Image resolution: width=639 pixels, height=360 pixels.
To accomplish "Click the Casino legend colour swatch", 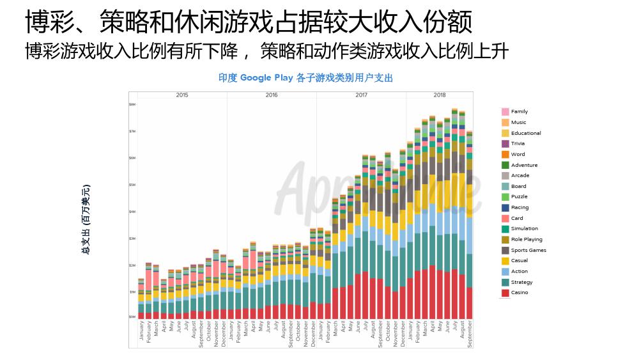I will pyautogui.click(x=505, y=293).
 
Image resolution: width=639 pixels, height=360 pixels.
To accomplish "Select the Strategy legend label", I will pyautogui.click(x=521, y=282).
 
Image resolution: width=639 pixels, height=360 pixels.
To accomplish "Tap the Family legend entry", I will pyautogui.click(x=519, y=111).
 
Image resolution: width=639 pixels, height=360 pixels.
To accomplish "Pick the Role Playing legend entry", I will pyautogui.click(x=527, y=239).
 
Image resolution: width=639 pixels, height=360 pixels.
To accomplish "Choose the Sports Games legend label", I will pyautogui.click(x=528, y=250).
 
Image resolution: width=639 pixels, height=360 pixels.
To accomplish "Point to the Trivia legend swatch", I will pyautogui.click(x=505, y=143).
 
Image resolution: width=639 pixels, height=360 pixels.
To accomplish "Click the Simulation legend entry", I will pyautogui.click(x=524, y=228).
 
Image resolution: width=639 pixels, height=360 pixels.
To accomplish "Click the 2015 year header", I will pyautogui.click(x=182, y=95).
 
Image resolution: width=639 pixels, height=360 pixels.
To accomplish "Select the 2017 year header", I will pyautogui.click(x=361, y=95).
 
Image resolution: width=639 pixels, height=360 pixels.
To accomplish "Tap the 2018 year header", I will pyautogui.click(x=440, y=95).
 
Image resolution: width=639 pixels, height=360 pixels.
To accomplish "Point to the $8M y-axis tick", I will pyautogui.click(x=132, y=104).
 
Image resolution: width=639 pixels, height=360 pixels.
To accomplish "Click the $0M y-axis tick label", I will pyautogui.click(x=132, y=317).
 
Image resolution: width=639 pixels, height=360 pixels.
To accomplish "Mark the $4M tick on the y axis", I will pyautogui.click(x=132, y=211).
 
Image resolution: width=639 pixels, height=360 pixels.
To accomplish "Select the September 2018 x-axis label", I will pyautogui.click(x=470, y=334).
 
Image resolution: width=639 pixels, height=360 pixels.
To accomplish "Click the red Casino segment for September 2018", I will pyautogui.click(x=470, y=302).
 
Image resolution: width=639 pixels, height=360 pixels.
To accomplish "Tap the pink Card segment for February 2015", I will pyautogui.click(x=149, y=279).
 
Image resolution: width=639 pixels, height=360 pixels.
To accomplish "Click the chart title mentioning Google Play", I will pyautogui.click(x=305, y=78).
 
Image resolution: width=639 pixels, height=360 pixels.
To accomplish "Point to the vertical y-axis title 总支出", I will pyautogui.click(x=86, y=219).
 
